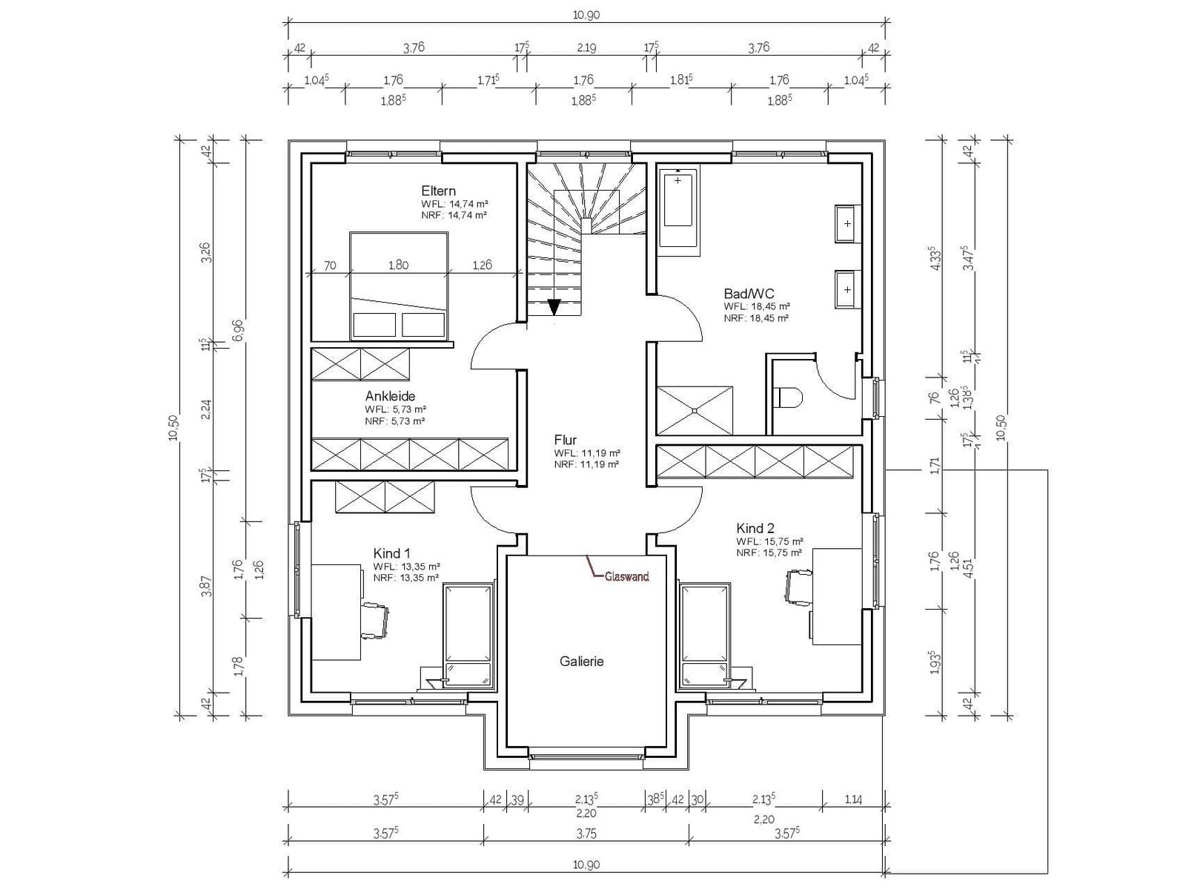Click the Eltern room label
(x=438, y=191)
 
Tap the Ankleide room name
(x=390, y=396)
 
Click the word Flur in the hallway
(x=565, y=440)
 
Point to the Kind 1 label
(x=391, y=553)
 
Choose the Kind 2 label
(x=755, y=528)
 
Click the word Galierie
(x=581, y=661)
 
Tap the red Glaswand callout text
(x=627, y=576)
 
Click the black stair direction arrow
(x=554, y=307)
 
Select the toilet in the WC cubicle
(x=789, y=398)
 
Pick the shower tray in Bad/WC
(x=695, y=411)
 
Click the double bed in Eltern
(x=399, y=286)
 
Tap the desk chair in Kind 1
(x=375, y=621)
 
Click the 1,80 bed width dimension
(x=399, y=266)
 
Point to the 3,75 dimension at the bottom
(x=586, y=834)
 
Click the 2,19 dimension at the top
(x=586, y=48)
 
